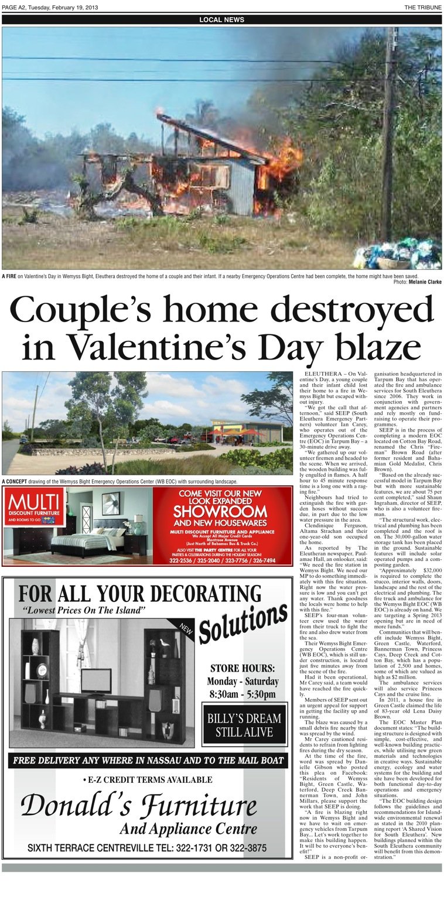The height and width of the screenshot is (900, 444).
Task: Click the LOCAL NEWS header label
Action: (221, 19)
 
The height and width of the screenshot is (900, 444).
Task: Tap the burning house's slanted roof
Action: (211, 139)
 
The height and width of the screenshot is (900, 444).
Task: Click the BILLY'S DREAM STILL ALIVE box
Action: (243, 725)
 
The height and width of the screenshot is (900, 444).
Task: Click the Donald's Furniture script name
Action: (139, 807)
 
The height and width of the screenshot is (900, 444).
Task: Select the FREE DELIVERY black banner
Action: (147, 761)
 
